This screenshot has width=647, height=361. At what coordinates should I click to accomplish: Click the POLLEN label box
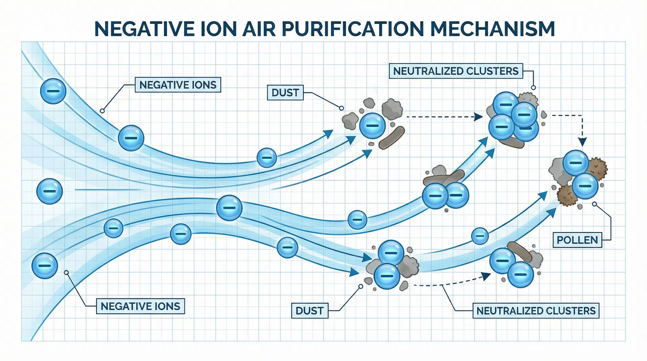point(577,240)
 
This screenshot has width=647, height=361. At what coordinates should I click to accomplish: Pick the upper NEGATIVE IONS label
point(178,85)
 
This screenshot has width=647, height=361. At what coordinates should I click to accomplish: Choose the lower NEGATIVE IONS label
point(140,306)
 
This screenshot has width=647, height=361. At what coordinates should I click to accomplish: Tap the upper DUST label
point(285,93)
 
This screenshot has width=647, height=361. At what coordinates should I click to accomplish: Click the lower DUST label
point(309,310)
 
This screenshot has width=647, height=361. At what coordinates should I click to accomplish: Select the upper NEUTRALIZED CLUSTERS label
point(456,71)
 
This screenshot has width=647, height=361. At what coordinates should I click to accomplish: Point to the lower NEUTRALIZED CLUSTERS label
point(536,310)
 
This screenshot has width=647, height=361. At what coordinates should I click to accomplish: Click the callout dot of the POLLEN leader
point(594,204)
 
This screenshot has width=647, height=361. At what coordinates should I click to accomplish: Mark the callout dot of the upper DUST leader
point(341,108)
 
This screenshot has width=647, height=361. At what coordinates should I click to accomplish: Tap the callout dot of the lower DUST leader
point(361,287)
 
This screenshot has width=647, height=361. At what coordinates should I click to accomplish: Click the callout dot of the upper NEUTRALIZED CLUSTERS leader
point(533,88)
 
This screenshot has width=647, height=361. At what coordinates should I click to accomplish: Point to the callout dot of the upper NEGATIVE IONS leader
point(102,111)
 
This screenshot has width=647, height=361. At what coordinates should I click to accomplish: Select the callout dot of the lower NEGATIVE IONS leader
point(66,272)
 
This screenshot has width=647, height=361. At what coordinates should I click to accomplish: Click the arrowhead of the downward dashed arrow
point(582,141)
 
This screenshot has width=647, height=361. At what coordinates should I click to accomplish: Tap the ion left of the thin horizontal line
point(50,191)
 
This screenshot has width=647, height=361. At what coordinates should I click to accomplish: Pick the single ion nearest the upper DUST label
point(372,126)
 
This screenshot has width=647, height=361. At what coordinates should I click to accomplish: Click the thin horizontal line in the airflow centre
point(108,190)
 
